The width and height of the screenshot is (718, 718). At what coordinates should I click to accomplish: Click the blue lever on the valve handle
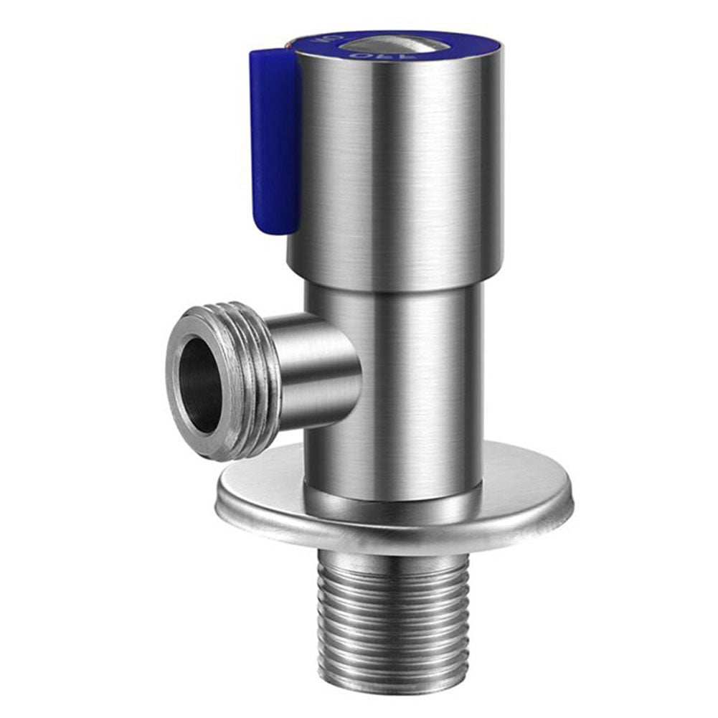[274, 136]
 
